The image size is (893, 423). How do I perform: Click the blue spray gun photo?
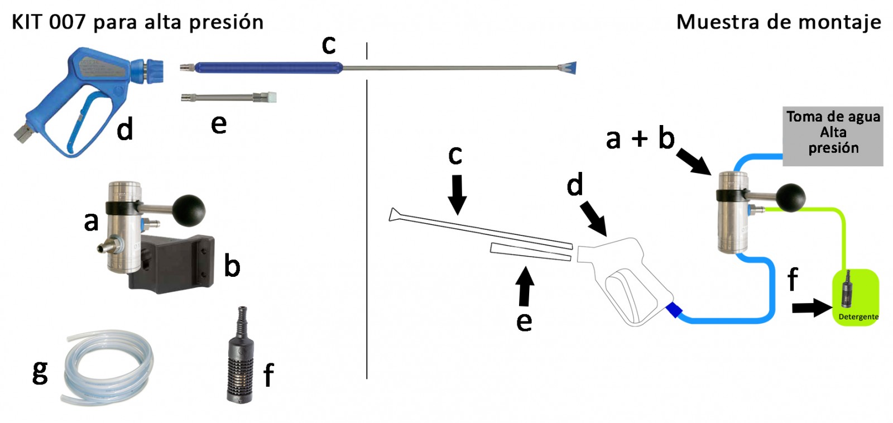pyautogui.click(x=84, y=95)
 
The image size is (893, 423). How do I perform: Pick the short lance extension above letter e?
pyautogui.click(x=229, y=98)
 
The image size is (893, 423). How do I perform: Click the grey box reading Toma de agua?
pyautogui.click(x=833, y=136)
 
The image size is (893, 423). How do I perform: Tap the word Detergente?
pyautogui.click(x=858, y=317)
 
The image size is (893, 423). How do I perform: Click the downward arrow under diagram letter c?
pyautogui.click(x=457, y=194)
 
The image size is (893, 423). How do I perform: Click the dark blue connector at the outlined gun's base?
pyautogui.click(x=674, y=310)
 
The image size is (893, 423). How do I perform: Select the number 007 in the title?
pyautogui.click(x=67, y=22)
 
